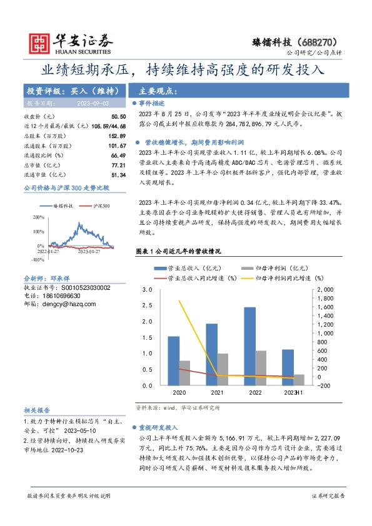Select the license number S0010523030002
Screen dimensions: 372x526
coord(79,287)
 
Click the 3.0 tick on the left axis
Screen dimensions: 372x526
coord(148,290)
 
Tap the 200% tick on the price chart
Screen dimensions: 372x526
coord(39,217)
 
